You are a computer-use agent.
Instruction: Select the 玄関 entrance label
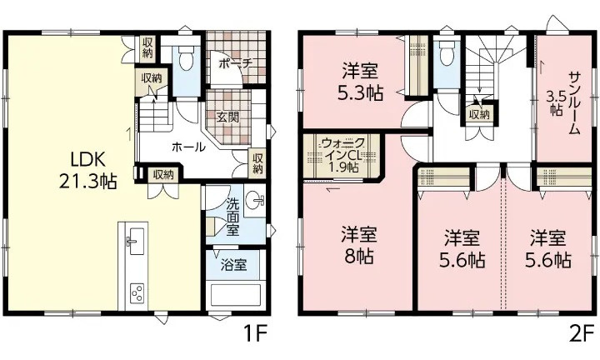227,116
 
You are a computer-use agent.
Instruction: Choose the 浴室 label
233,266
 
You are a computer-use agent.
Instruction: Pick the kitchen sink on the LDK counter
133,242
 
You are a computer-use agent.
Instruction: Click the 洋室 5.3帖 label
362,81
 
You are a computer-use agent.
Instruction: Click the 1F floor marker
254,334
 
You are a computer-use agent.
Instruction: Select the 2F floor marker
581,334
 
